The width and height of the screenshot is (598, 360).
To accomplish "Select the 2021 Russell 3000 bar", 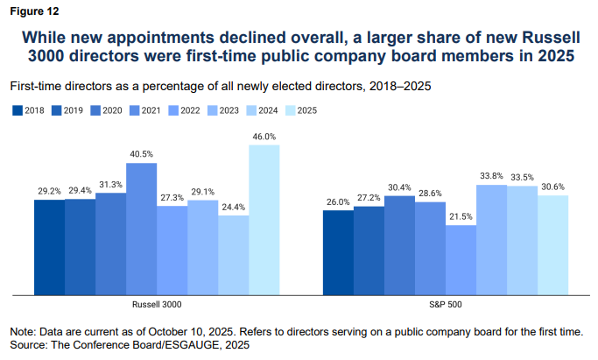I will pyautogui.click(x=142, y=229).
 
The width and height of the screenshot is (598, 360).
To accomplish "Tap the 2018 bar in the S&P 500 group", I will pyautogui.click(x=339, y=252).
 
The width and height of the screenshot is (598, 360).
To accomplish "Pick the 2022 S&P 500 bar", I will pyautogui.click(x=461, y=259).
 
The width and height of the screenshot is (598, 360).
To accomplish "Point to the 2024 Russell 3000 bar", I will pyautogui.click(x=234, y=255).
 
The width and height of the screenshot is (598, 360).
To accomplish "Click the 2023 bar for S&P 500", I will pyautogui.click(x=492, y=239).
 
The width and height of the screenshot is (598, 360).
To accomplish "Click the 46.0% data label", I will pyautogui.click(x=264, y=137).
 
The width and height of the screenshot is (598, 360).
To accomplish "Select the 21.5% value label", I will pyautogui.click(x=461, y=216).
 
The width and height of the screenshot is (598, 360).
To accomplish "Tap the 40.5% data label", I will pyautogui.click(x=142, y=154).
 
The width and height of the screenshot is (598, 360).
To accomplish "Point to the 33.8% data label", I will pyautogui.click(x=492, y=176).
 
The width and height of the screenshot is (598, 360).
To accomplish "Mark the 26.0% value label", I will pyautogui.click(x=339, y=201).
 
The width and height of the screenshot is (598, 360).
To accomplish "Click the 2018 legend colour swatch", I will pyautogui.click(x=17, y=110).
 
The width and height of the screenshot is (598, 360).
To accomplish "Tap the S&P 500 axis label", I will pyautogui.click(x=446, y=304).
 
